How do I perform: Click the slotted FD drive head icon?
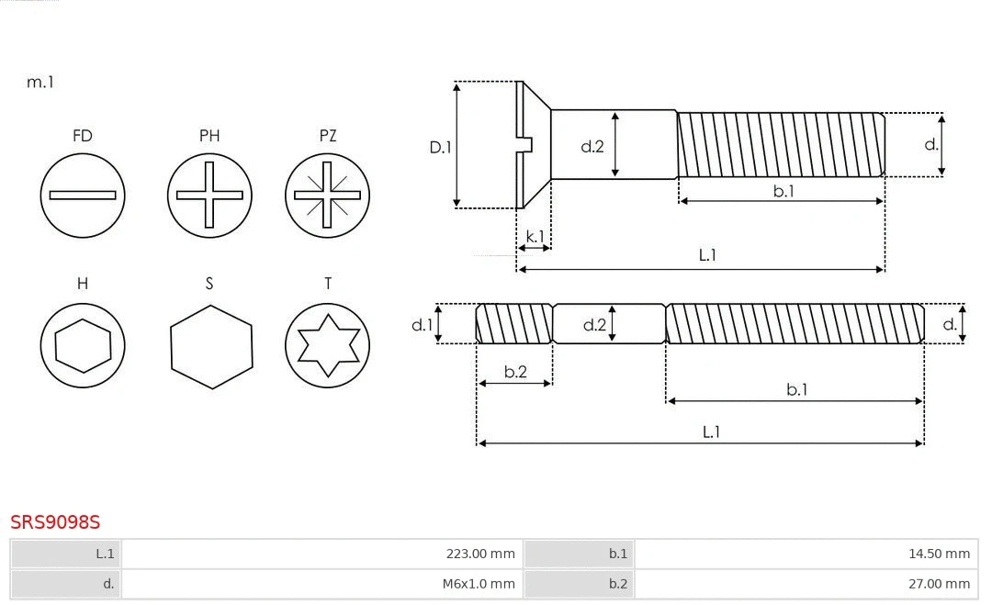click(x=83, y=195)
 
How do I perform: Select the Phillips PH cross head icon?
click(x=209, y=195)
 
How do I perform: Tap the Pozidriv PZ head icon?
click(x=327, y=195)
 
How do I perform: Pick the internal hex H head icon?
click(x=83, y=346)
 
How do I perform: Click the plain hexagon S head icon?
click(x=211, y=346)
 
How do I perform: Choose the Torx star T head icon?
click(x=327, y=346)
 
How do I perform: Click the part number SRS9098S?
click(x=55, y=522)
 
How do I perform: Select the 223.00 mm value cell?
click(x=321, y=554)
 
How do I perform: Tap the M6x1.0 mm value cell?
click(x=321, y=584)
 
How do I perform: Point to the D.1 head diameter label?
click(x=441, y=146)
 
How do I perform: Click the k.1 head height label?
click(x=535, y=237)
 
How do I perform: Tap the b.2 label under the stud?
click(x=515, y=372)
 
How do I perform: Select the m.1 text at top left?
click(x=40, y=82)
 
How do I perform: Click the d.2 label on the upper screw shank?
click(x=592, y=146)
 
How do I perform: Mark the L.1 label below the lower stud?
click(x=711, y=431)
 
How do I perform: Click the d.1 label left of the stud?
click(x=422, y=324)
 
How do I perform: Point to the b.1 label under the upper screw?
click(x=783, y=191)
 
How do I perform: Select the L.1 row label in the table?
click(x=105, y=554)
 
